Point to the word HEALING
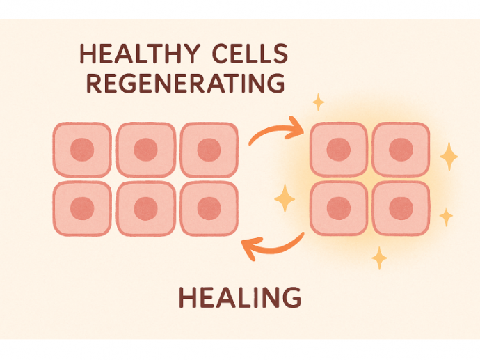coord(240,298)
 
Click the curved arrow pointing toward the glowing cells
coord(276,130)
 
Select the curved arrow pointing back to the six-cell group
coord(272,245)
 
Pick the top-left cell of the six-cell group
coord(82,149)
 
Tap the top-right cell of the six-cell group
coord(209,149)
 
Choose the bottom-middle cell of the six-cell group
coord(145,208)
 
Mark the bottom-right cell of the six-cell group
coord(209,208)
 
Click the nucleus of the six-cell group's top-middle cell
coord(145,149)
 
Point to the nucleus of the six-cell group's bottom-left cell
coord(82,208)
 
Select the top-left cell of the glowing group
coord(338,149)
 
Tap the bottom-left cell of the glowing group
coord(338,208)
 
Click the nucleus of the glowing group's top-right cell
coord(401,149)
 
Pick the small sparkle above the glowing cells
coord(319,103)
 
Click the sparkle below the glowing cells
coord(379,258)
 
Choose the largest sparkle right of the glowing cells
coord(449,157)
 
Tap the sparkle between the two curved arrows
coord(285,199)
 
